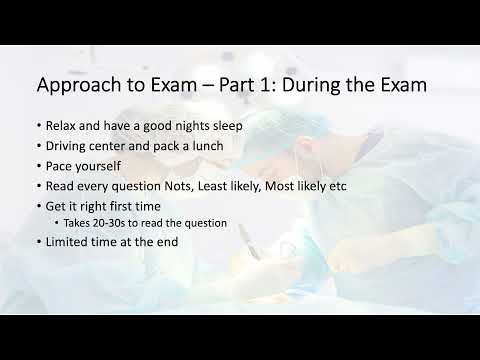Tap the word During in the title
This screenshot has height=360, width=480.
point(292,85)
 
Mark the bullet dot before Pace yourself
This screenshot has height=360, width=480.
point(38,166)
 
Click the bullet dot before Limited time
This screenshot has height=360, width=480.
point(38,241)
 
